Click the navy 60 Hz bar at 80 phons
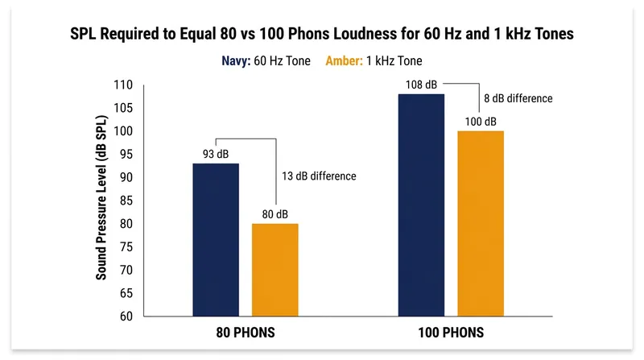coord(216,240)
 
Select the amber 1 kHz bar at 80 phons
coord(275,270)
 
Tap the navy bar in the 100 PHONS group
coord(421,205)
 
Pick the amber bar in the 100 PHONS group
coord(481,224)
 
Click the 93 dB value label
coord(216,154)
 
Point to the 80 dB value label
coord(275,214)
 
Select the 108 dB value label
coord(421,85)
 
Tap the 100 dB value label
coord(481,122)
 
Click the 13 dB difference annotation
coord(319,176)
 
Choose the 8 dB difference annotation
coord(518,98)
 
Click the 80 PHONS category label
coord(246,333)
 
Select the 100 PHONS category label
coord(451,333)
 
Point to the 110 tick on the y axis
coord(123,85)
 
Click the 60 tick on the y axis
coord(126,317)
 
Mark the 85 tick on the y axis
coord(126,201)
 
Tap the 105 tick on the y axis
coord(123,108)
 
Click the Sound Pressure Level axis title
coord(101,197)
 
